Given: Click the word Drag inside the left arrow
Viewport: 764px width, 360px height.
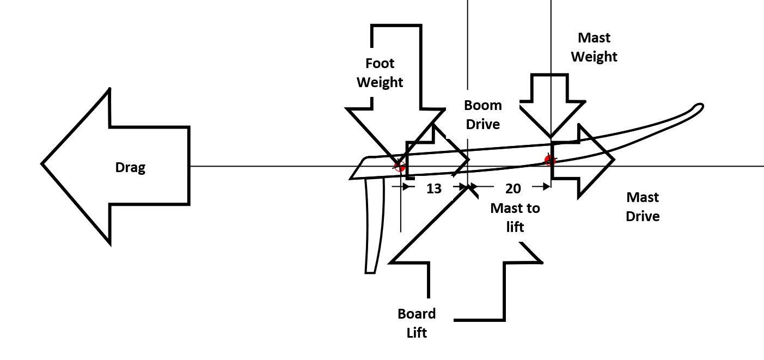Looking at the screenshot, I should tap(130, 167).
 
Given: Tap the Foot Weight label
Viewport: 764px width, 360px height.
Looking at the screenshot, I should tap(380, 73).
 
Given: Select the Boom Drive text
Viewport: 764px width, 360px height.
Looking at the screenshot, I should tap(482, 114).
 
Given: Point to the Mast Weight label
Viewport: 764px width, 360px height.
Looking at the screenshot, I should tap(594, 47).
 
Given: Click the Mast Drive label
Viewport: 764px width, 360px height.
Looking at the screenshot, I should tap(643, 206).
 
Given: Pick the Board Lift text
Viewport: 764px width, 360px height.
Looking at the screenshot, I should tap(417, 323).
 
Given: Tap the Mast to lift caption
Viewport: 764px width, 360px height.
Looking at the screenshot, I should tap(515, 217).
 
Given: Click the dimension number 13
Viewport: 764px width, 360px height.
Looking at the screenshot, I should tap(433, 188).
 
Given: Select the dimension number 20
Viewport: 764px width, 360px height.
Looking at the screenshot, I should tap(513, 188).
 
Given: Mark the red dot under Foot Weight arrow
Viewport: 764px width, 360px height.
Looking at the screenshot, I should tap(400, 166).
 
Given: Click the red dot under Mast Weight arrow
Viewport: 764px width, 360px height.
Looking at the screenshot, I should tap(550, 160).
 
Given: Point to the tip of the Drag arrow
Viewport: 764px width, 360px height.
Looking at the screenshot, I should tap(43, 163).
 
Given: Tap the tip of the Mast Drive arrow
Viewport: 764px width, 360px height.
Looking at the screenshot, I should tap(614, 160).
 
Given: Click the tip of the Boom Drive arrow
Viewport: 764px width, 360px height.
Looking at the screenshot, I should tap(468, 160).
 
